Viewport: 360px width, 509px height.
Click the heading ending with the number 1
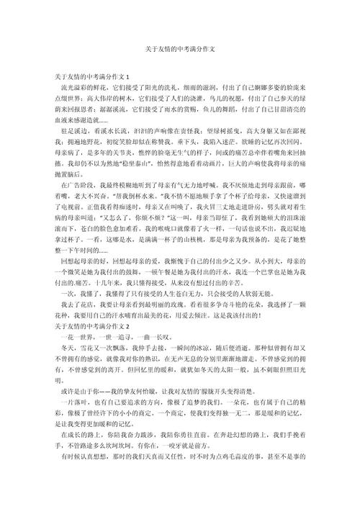pos(91,76)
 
